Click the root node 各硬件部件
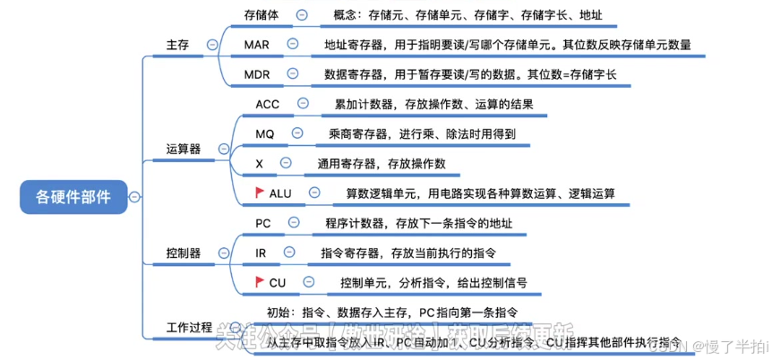pos(73,197)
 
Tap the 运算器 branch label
pos(184,148)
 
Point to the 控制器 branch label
pos(184,253)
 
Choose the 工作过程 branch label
pos(190,326)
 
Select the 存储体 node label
pos(262,14)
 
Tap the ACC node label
pos(267,104)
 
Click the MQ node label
pos(264,133)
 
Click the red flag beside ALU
pos(259,192)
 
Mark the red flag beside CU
pos(259,282)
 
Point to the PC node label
pos(263,223)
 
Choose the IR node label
pos(261,253)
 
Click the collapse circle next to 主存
pos(212,44)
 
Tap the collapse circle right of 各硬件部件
pos(134,197)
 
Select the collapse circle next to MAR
pos(292,44)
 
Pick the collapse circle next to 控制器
pos(218,253)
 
